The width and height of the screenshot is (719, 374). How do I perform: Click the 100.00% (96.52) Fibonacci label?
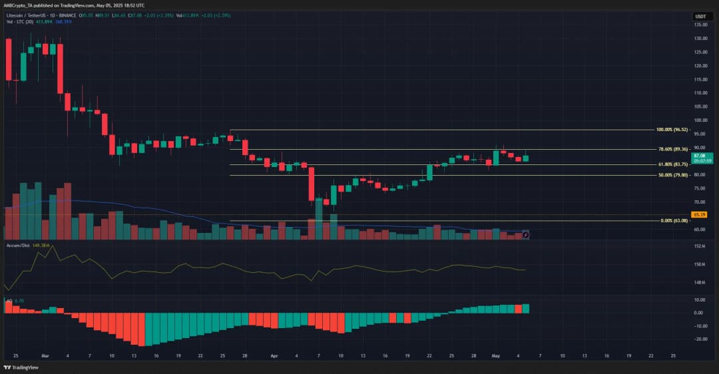coord(670,130)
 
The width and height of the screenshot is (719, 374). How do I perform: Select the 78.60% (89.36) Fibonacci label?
coord(670,149)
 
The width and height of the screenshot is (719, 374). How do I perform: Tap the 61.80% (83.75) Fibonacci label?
coord(670,164)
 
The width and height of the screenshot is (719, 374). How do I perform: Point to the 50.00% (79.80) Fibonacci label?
coord(670,175)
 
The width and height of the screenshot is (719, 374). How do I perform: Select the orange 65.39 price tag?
coord(699,215)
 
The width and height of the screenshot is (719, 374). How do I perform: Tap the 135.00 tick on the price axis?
coord(700,25)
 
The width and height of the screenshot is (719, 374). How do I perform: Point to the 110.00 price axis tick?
coord(700,93)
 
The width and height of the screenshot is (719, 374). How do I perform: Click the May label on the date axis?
coord(495,356)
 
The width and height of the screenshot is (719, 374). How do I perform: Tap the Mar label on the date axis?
coord(45,356)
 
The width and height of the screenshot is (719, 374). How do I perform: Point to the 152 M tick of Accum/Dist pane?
coord(700,246)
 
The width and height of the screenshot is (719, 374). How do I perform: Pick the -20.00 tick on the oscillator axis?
coord(700,339)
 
